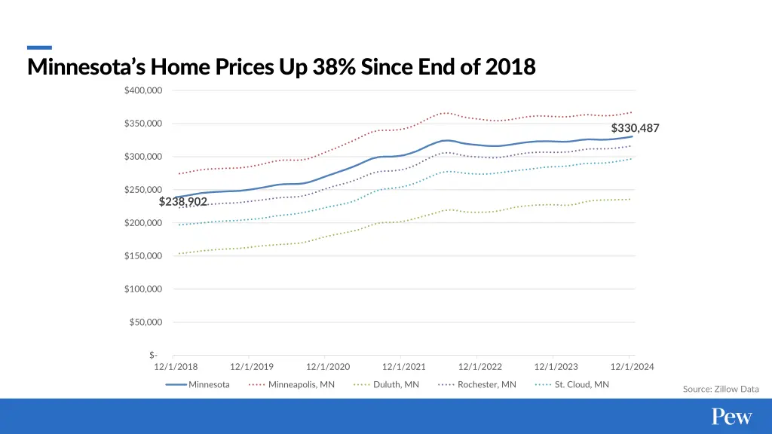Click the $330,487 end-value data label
click(x=635, y=128)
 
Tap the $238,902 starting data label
click(x=183, y=202)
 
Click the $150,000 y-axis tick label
click(x=143, y=256)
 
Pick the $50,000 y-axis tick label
click(x=146, y=322)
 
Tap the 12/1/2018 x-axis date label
click(x=176, y=367)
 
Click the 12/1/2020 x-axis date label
click(x=328, y=367)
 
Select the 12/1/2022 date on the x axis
click(x=480, y=367)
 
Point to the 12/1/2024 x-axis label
click(x=632, y=367)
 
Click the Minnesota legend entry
click(x=198, y=385)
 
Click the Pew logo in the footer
click(x=732, y=417)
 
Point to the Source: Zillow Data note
click(x=721, y=389)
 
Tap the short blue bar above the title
click(x=39, y=47)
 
